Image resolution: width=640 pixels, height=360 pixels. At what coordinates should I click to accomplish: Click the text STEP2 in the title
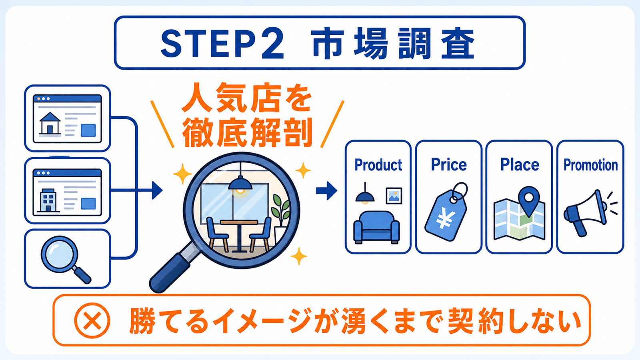222,43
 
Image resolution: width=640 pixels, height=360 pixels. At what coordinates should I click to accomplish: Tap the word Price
448,164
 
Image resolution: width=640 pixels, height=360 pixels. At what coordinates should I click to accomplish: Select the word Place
520,164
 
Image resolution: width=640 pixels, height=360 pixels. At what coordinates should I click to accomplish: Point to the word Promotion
590,165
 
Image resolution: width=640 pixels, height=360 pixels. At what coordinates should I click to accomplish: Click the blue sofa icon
376,228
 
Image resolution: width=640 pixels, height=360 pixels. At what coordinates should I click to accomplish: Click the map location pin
529,201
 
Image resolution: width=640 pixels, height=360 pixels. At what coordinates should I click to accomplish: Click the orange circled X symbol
92,320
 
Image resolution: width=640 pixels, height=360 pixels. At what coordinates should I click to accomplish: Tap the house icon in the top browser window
50,123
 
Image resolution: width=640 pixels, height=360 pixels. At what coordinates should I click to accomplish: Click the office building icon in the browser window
48,200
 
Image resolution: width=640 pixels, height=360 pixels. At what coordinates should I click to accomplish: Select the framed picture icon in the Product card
394,196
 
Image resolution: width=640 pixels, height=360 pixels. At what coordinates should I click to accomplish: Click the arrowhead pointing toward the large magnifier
157,190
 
